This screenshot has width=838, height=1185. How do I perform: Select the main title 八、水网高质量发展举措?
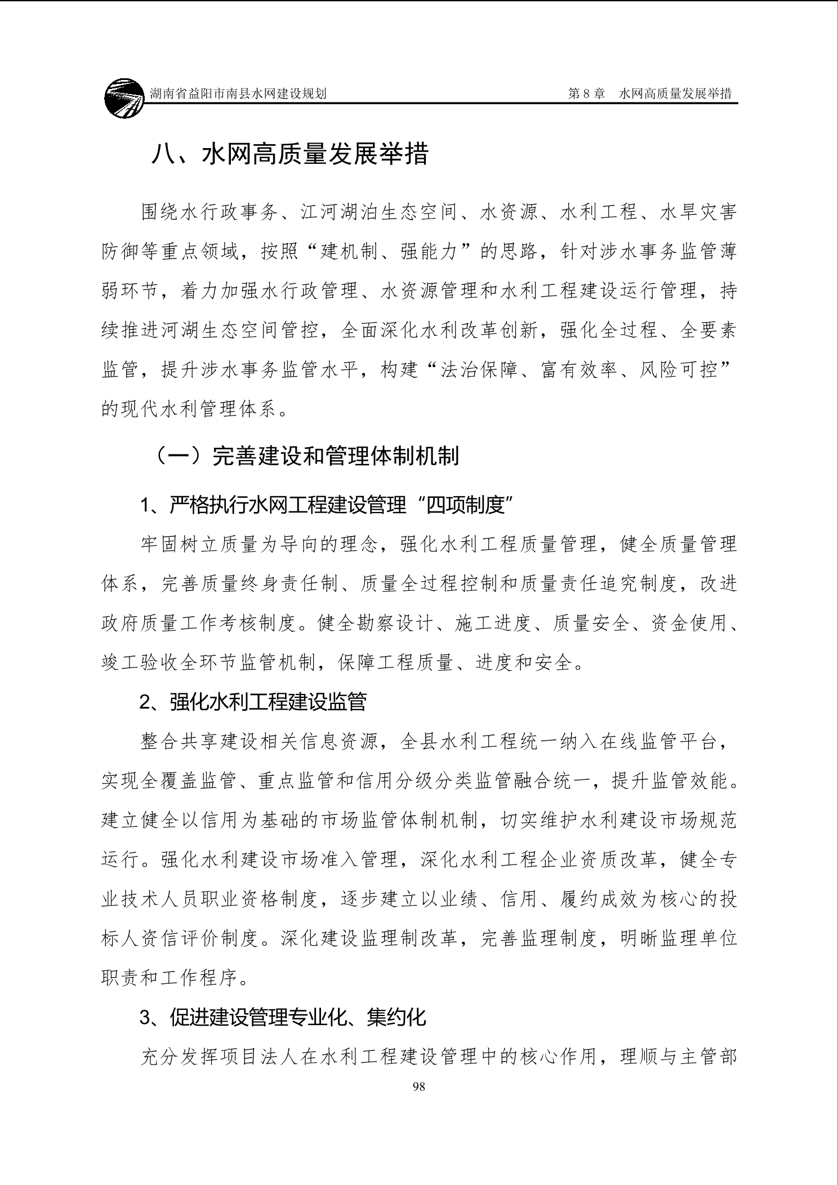tap(289, 154)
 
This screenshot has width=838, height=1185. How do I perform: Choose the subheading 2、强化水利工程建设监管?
tap(253, 701)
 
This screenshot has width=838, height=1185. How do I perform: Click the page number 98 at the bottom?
tap(418, 1086)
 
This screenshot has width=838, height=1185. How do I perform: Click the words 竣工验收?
tap(140, 662)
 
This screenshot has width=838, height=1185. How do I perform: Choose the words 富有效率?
tap(579, 370)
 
